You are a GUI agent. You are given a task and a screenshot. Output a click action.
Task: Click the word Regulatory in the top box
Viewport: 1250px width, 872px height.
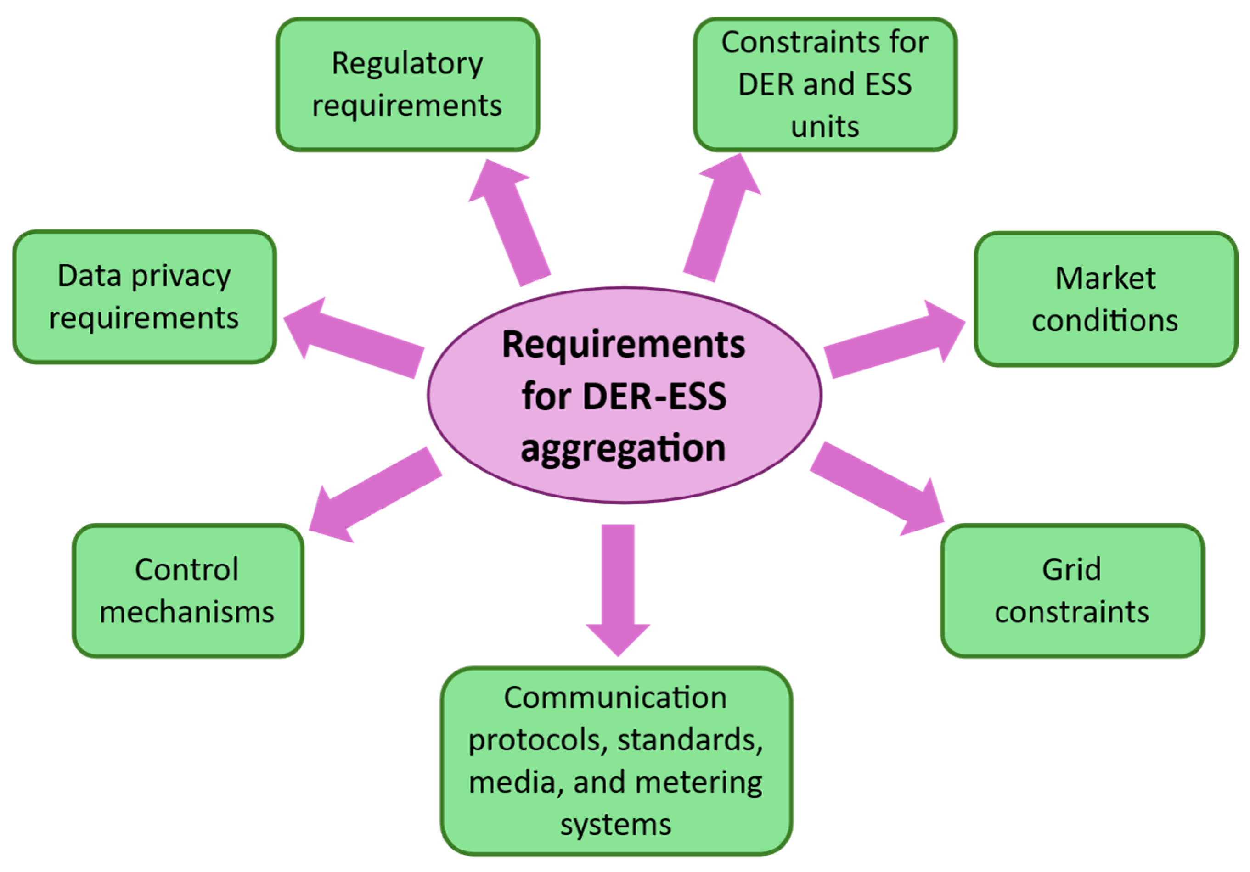(x=407, y=64)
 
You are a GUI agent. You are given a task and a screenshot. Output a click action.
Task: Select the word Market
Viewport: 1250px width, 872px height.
(x=1105, y=279)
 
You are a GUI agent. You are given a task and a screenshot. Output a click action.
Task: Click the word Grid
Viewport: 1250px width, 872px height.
(x=1071, y=570)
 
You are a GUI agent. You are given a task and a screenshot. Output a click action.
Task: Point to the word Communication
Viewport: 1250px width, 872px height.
(x=615, y=698)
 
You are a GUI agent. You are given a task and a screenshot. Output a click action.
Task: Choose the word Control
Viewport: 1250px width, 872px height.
(x=187, y=570)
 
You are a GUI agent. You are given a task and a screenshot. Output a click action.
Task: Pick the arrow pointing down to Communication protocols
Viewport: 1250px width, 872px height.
(x=618, y=587)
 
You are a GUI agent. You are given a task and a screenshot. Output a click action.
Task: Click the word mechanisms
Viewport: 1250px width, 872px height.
(x=187, y=613)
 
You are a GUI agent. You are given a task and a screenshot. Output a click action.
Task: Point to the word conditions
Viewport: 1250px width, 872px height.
(x=1105, y=321)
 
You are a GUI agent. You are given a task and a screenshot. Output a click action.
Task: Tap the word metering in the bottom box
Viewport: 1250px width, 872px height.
(x=698, y=783)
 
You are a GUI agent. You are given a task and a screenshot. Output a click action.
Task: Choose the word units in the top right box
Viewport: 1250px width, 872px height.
(x=825, y=127)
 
